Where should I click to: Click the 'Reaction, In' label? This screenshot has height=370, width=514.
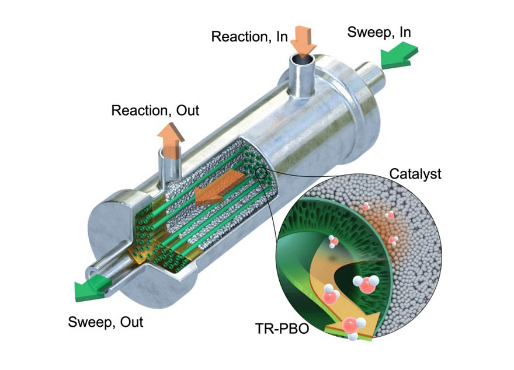(x=249, y=37)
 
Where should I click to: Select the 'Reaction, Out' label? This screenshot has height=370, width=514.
(x=155, y=110)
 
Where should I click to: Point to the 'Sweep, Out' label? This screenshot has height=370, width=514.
(x=105, y=322)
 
